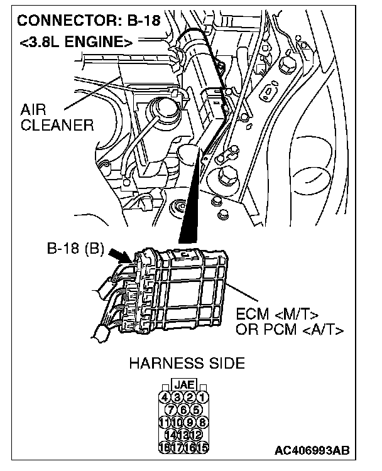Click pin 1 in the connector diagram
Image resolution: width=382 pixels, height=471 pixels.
click(x=202, y=396)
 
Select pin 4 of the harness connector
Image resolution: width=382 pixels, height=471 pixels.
click(x=165, y=396)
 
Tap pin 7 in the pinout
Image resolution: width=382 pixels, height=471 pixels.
click(x=172, y=409)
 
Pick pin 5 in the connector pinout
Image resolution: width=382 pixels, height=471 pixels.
click(x=195, y=409)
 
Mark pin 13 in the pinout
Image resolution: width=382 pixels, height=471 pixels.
click(x=183, y=435)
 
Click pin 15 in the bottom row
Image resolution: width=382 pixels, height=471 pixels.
click(x=202, y=447)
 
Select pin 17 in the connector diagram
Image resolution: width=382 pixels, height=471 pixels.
click(x=178, y=447)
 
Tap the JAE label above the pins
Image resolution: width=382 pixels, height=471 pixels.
click(x=183, y=384)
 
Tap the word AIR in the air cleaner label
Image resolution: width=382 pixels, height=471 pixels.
click(x=34, y=109)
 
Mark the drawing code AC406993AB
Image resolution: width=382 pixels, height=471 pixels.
click(x=312, y=450)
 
